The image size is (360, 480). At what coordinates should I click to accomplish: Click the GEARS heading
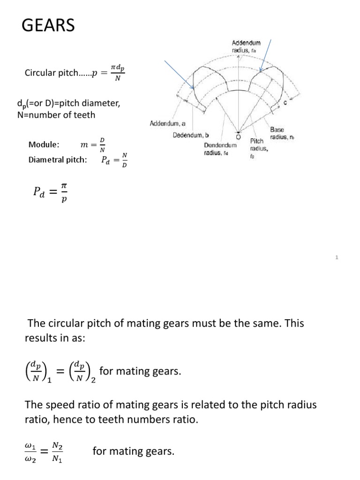(x=48, y=25)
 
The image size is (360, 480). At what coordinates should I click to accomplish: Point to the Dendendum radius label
(x=220, y=149)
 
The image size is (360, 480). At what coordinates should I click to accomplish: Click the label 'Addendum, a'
(x=167, y=124)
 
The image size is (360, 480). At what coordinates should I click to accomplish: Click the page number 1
(x=337, y=257)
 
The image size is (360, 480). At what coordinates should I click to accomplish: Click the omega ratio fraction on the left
(x=35, y=453)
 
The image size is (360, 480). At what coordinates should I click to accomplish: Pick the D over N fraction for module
(x=102, y=145)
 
